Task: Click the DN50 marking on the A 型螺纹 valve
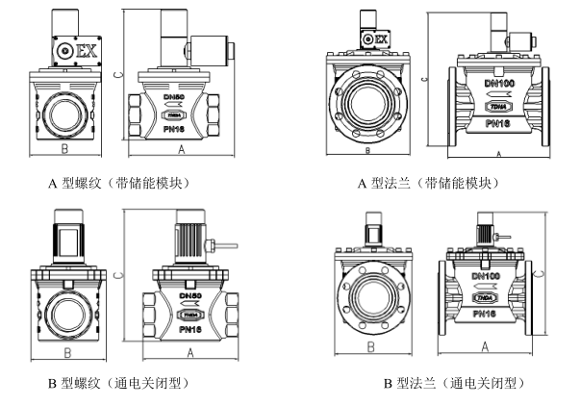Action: (x=175, y=97)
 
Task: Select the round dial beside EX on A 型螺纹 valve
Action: (x=64, y=49)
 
